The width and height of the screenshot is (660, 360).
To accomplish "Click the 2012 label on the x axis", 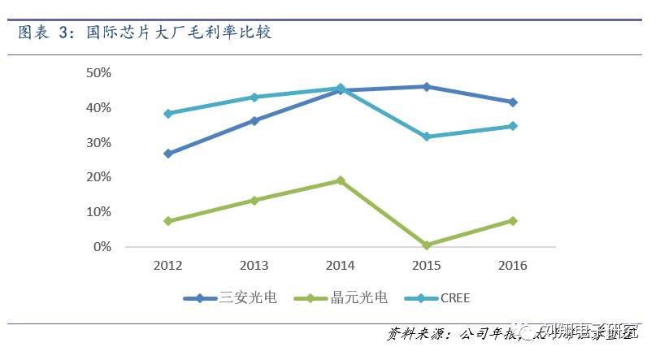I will point(167,266).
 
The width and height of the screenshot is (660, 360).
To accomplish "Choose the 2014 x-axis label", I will point(341,266).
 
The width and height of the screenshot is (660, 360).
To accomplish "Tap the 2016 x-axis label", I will point(513,266).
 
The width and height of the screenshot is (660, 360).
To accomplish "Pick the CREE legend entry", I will point(454,298).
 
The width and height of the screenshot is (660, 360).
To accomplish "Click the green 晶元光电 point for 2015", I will point(427,245).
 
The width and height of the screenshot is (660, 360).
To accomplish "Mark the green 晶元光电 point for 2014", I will point(341,180).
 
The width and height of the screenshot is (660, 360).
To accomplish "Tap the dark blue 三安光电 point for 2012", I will point(168,153).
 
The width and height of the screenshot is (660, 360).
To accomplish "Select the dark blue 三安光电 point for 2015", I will point(427,86).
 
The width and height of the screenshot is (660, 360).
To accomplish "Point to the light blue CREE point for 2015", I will point(427,137).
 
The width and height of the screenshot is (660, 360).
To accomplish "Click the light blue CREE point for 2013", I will point(254,98).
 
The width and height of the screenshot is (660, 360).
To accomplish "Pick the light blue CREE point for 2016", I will point(513,126).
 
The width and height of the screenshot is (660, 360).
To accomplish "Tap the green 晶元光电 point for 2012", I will point(168,221).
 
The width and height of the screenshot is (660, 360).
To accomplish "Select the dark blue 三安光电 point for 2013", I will point(254,120).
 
